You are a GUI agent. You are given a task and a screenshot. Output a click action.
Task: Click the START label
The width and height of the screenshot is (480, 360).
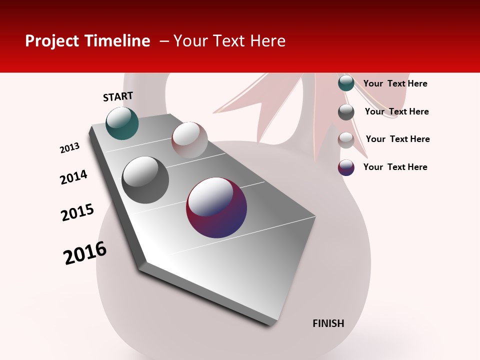[118, 96]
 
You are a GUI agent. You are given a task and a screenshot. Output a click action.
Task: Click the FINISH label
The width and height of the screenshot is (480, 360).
[328, 323]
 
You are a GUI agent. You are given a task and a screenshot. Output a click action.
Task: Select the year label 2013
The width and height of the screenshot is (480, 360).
[69, 148]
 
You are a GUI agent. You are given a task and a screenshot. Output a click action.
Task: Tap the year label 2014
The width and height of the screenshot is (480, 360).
[73, 177]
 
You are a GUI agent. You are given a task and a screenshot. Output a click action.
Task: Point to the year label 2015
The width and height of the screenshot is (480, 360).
[77, 212]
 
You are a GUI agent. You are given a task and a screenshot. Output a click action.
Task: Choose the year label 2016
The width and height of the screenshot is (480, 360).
[85, 253]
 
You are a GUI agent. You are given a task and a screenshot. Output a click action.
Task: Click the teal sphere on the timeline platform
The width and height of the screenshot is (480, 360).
[122, 123]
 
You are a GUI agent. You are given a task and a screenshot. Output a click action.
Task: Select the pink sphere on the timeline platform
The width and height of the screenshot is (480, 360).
[189, 140]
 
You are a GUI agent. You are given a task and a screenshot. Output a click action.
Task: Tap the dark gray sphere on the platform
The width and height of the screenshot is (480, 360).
[145, 180]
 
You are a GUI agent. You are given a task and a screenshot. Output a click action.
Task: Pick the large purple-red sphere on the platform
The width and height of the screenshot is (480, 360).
[216, 207]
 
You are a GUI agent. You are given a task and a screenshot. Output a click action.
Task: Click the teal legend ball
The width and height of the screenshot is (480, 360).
[346, 83]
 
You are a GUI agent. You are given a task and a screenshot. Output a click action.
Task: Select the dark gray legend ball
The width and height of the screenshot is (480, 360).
[346, 111]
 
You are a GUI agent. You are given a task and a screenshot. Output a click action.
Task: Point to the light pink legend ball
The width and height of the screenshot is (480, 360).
[346, 140]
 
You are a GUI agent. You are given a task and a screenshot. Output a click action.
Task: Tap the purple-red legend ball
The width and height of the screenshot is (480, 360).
[346, 167]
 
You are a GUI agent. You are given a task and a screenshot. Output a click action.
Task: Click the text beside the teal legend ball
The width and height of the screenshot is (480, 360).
[395, 83]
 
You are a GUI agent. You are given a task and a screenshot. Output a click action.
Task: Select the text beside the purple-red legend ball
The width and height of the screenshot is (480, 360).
[395, 167]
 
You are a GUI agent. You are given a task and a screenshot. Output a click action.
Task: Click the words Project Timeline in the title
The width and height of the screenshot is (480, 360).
[87, 41]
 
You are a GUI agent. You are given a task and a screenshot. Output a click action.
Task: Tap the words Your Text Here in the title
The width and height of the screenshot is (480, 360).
[229, 41]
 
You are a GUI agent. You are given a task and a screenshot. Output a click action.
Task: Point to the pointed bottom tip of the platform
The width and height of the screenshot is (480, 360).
[272, 324]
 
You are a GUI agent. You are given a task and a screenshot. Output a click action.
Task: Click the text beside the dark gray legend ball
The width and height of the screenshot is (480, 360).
[396, 111]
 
